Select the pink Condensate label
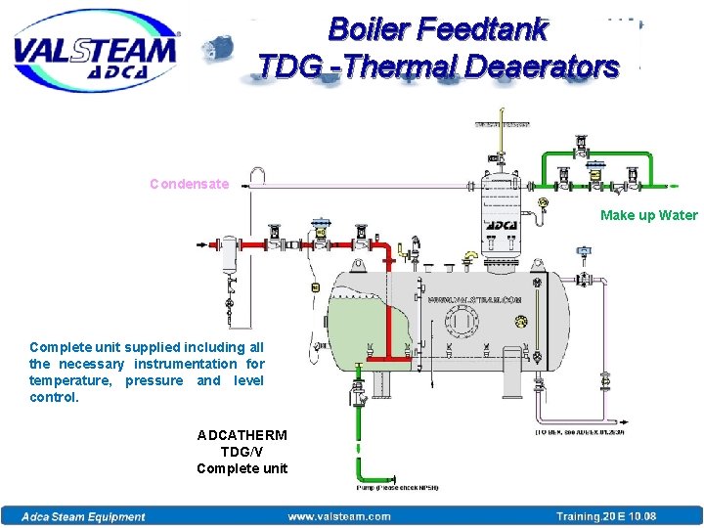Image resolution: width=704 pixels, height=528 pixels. click(189, 184)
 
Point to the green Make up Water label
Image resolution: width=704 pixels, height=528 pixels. click(648, 215)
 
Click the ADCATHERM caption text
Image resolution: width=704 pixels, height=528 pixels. click(242, 435)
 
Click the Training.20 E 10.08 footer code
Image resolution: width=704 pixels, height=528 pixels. click(606, 516)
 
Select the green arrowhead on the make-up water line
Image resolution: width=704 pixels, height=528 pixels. click(674, 184)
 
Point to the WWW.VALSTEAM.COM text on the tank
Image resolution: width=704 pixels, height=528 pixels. click(473, 300)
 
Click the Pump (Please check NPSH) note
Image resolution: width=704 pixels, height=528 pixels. click(396, 487)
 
